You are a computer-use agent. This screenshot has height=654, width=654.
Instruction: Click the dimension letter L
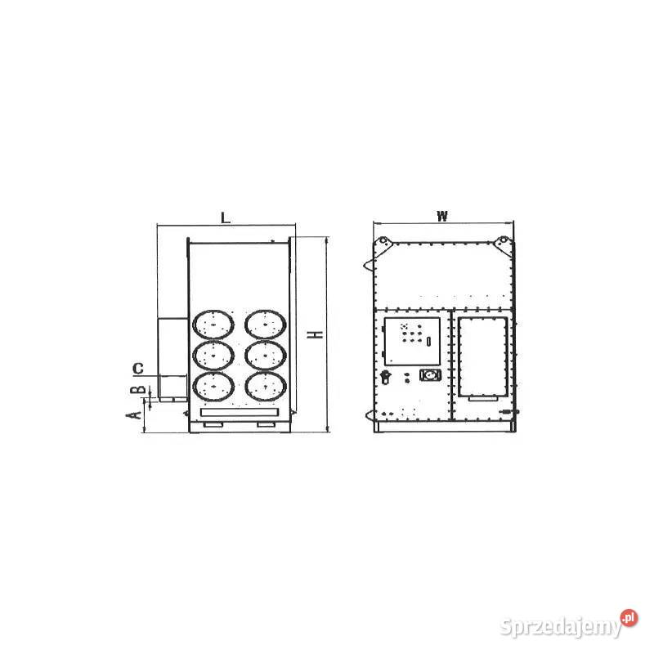pos(226,217)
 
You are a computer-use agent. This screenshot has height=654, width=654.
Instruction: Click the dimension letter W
pos(442,216)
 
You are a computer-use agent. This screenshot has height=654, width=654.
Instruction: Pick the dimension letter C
pos(138,369)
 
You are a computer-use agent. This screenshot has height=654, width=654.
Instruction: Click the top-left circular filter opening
pos(213,324)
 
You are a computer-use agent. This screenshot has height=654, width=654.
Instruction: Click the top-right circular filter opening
pos(265,324)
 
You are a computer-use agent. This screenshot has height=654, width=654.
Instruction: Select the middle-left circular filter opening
pos(213,356)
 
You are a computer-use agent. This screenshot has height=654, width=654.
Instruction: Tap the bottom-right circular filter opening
pos(265,387)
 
